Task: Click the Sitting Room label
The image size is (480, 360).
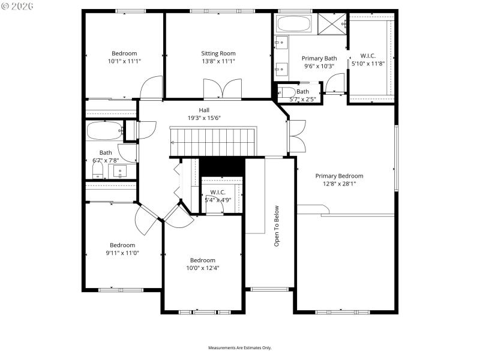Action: pyautogui.click(x=218, y=53)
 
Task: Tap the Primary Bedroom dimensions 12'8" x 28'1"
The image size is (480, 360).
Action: pyautogui.click(x=339, y=184)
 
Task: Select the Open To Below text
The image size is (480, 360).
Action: pyautogui.click(x=277, y=226)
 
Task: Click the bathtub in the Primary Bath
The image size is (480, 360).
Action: pyautogui.click(x=293, y=25)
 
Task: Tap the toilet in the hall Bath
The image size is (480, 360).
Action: pyautogui.click(x=98, y=172)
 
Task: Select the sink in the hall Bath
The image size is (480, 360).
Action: pyautogui.click(x=121, y=172)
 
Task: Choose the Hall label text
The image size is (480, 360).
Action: pyautogui.click(x=204, y=110)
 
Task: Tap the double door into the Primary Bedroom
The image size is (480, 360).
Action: pyautogui.click(x=296, y=136)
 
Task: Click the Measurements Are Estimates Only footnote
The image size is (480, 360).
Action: pyautogui.click(x=240, y=348)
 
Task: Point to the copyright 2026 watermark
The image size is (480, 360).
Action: pyautogui.click(x=17, y=6)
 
